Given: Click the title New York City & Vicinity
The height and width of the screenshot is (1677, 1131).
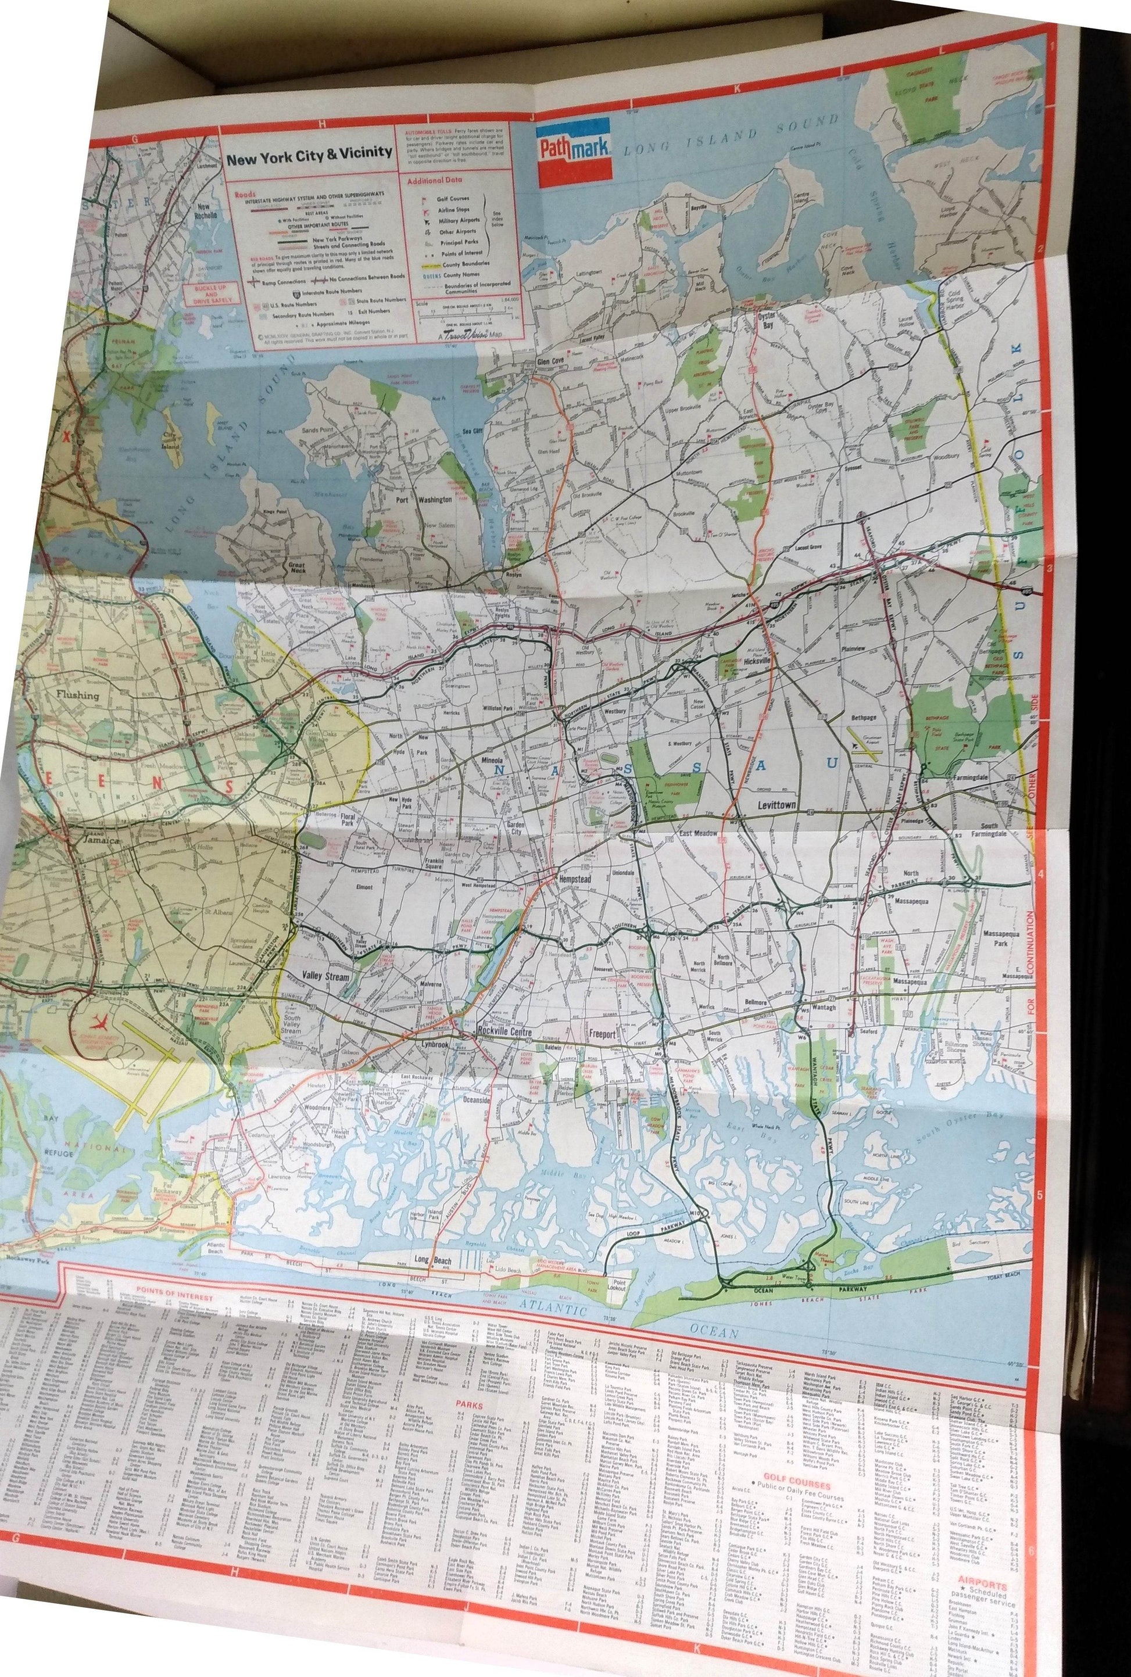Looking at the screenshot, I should pos(309,153).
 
